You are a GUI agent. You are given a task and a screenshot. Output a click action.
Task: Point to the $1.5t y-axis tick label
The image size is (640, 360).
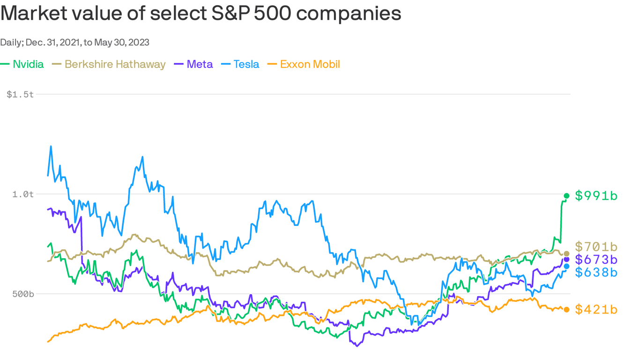[x=20, y=94]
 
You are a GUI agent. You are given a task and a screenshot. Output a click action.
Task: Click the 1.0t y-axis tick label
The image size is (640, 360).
[x=23, y=194]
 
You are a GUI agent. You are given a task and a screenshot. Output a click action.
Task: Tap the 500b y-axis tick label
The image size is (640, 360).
[x=22, y=294]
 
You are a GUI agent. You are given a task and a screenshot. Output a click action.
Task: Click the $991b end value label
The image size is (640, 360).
[x=596, y=196]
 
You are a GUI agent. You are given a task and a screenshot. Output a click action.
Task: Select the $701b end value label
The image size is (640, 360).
[x=596, y=247]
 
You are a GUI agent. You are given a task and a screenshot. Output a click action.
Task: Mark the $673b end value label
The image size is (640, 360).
[x=596, y=259]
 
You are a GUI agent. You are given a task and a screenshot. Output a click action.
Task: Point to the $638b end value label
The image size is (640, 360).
[x=596, y=272]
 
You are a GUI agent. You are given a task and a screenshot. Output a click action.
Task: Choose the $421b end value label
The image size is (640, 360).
[x=596, y=309]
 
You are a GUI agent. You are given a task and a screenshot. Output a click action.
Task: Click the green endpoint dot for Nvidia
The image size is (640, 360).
[x=566, y=196]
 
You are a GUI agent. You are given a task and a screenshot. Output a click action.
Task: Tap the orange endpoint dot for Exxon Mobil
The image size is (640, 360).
[x=566, y=309]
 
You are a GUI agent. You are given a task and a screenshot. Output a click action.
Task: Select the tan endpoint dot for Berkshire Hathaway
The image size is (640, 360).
[x=566, y=254]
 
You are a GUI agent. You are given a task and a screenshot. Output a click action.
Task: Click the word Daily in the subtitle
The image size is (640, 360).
[x=10, y=42]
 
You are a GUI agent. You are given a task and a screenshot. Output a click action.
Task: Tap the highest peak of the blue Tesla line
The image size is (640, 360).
[x=51, y=146]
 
